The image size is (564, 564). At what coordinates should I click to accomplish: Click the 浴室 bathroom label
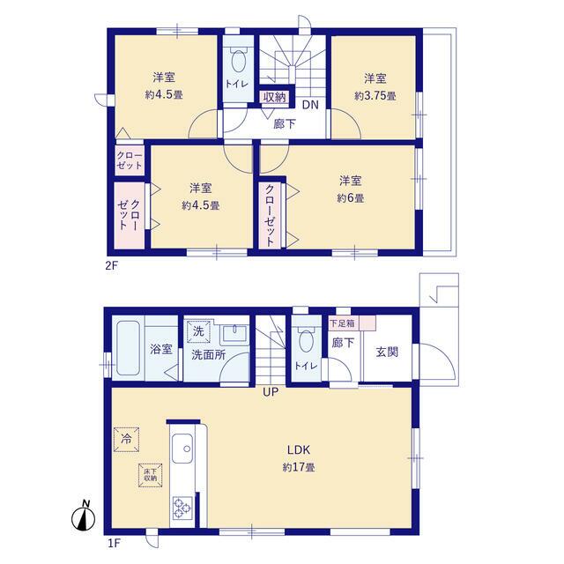[160, 347]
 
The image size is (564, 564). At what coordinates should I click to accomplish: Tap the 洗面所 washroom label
[208, 356]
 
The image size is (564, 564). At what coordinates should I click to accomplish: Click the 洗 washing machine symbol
[199, 332]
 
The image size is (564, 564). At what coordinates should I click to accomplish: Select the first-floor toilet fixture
[305, 339]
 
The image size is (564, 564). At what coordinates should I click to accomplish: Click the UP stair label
[270, 392]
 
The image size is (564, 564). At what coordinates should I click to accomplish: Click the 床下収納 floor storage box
[149, 474]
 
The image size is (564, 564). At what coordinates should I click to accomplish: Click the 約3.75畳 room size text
[375, 95]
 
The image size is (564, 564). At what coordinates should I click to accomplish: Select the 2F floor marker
[112, 263]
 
